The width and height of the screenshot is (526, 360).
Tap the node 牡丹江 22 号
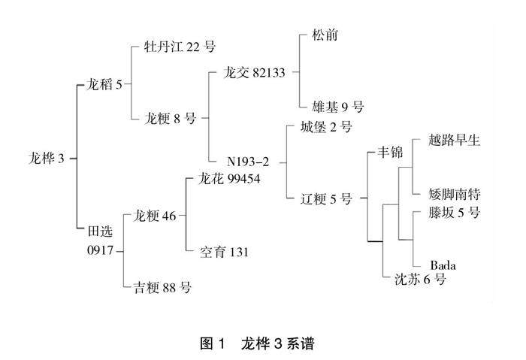[x=180, y=47]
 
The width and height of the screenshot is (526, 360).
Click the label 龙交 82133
[x=258, y=73]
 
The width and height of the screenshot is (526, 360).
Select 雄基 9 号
[x=338, y=106]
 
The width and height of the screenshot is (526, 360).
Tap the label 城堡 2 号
[x=326, y=126]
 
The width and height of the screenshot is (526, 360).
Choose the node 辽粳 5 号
[x=326, y=199]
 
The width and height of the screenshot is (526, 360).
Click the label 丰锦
[x=390, y=153]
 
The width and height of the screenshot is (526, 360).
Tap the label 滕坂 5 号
[x=453, y=212]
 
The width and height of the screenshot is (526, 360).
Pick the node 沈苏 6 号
[x=421, y=280]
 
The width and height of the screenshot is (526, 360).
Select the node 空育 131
[x=225, y=252]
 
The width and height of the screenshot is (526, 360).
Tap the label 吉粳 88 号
[x=162, y=286]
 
